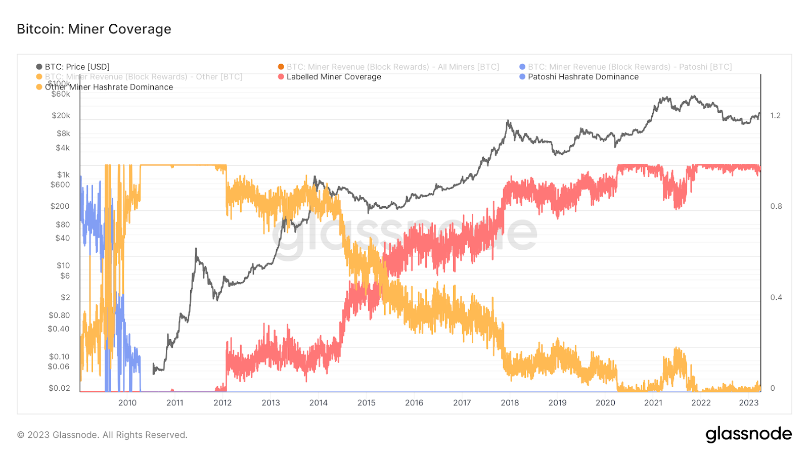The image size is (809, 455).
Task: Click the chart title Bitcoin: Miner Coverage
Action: (94, 29)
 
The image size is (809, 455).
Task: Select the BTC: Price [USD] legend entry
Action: (77, 67)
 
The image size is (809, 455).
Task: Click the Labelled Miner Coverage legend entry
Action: (333, 77)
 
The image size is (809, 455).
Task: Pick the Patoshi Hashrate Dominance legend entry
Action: (582, 77)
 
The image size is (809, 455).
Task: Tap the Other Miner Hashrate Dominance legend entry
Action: (108, 87)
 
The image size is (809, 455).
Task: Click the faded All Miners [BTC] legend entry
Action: (392, 67)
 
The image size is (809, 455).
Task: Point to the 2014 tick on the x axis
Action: (319, 402)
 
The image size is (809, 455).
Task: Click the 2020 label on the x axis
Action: (605, 402)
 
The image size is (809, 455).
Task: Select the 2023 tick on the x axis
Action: (749, 402)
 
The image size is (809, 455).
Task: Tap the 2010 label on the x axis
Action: (127, 402)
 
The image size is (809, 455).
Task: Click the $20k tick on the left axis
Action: (61, 116)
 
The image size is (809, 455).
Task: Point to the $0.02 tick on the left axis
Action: (59, 388)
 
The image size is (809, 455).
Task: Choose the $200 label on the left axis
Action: (60, 206)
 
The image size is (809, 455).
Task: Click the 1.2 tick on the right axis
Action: (775, 116)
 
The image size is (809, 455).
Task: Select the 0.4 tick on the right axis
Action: (776, 297)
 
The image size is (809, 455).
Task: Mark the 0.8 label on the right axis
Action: (776, 206)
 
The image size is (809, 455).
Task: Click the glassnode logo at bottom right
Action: (748, 434)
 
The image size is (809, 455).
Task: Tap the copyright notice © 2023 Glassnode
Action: (102, 435)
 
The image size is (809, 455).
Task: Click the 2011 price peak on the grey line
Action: (196, 249)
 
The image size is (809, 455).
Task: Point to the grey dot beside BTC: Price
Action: (39, 67)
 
